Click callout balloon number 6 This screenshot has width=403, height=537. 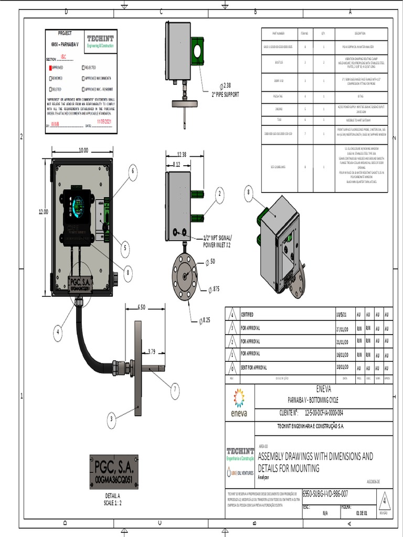133,170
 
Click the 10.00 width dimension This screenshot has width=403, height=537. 83,150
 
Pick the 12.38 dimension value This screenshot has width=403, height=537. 182,154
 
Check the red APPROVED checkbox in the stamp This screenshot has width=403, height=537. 50,68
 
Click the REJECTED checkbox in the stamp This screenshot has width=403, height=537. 83,68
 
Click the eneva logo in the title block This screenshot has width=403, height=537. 239,404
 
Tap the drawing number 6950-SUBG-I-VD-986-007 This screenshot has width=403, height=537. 325,493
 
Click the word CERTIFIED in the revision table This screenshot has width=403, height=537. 247,315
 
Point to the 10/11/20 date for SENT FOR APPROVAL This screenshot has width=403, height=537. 343,367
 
